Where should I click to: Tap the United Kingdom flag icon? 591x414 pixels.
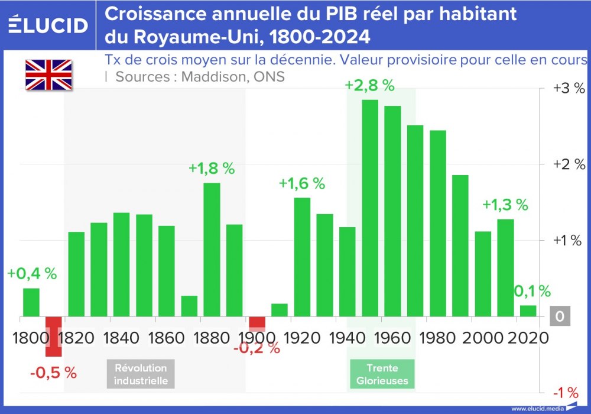(x=48, y=75)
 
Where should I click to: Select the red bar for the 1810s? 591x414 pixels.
(x=54, y=337)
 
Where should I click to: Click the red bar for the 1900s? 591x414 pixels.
(x=257, y=323)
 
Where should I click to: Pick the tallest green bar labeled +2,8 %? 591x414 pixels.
(x=370, y=208)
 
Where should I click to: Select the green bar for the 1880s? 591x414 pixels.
(x=212, y=250)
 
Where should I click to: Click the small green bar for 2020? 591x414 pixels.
(x=528, y=311)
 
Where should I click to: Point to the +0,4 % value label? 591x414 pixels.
(x=32, y=274)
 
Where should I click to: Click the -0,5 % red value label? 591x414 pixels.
(x=53, y=373)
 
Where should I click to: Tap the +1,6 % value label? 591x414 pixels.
(x=301, y=183)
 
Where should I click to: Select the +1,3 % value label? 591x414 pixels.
(x=505, y=205)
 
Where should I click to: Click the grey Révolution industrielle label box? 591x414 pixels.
(x=141, y=374)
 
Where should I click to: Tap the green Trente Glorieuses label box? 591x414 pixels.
(x=382, y=374)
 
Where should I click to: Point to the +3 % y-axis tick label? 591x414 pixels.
(x=568, y=89)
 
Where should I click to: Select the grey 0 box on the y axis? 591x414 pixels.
(x=559, y=317)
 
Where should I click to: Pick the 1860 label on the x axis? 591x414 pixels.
(x=165, y=338)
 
